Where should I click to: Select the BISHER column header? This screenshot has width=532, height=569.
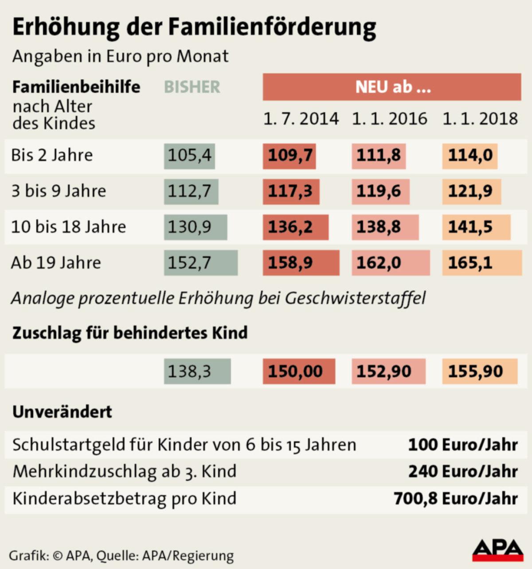coord(192,87)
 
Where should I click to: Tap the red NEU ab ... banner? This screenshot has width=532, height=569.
coord(392,87)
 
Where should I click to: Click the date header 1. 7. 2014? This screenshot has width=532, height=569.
coord(301,119)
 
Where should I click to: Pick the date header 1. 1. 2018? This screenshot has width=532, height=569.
coord(480,119)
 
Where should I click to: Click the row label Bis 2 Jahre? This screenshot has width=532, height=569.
coord(52,155)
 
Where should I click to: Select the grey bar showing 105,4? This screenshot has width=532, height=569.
coord(189,156)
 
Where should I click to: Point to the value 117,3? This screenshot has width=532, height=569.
coord(290,191)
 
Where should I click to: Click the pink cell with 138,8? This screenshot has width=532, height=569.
coord(384,227)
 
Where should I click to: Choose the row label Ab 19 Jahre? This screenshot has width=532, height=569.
coord(56,263)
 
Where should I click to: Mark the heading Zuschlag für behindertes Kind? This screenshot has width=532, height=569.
coord(130,333)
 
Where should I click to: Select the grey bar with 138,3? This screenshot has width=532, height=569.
coord(197,371)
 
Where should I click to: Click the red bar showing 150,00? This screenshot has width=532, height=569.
coord(298,371)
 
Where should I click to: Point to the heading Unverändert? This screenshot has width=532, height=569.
coord(62,412)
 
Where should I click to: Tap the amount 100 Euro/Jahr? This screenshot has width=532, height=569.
coord(463,445)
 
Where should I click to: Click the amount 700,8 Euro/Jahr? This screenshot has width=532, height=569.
coord(456,498)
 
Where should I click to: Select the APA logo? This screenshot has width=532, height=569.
coord(497,550)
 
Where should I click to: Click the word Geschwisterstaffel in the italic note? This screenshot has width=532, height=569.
coord(355,298)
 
